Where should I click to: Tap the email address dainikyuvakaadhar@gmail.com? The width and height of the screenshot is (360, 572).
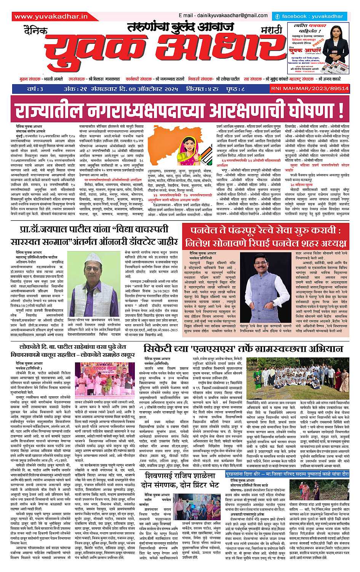click(223, 16)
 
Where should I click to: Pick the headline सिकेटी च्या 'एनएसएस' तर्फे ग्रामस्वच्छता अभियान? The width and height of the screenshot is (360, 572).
click(243, 349)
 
